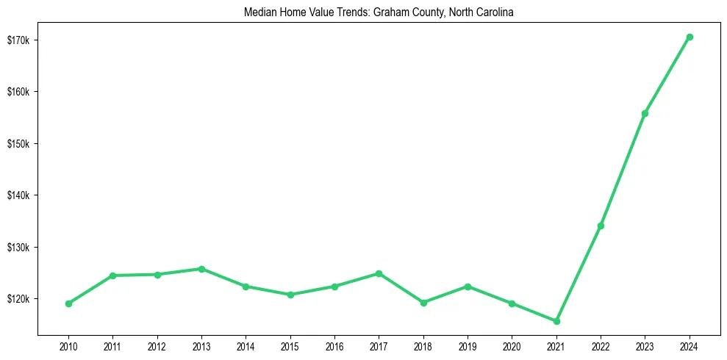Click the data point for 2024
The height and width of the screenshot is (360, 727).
689,37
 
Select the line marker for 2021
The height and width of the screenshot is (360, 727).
556,321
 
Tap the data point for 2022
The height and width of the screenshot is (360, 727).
601,226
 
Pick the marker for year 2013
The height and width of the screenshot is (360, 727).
201,269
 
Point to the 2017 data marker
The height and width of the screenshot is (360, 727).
379,273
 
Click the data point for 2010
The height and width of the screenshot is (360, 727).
68,303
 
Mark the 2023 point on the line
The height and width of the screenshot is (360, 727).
645,113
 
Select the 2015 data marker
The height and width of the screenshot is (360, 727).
290,295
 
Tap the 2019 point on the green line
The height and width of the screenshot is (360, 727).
468,287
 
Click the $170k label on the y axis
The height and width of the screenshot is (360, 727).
18,40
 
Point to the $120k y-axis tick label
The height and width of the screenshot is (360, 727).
18,299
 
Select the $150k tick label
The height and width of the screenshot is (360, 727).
18,143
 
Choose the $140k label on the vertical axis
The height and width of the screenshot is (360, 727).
18,195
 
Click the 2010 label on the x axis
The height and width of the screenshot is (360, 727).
68,346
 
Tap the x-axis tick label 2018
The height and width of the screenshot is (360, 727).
423,346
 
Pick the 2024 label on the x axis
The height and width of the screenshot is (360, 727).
689,346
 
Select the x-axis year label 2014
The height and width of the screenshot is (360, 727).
246,346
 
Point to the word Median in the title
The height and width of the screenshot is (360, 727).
258,12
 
